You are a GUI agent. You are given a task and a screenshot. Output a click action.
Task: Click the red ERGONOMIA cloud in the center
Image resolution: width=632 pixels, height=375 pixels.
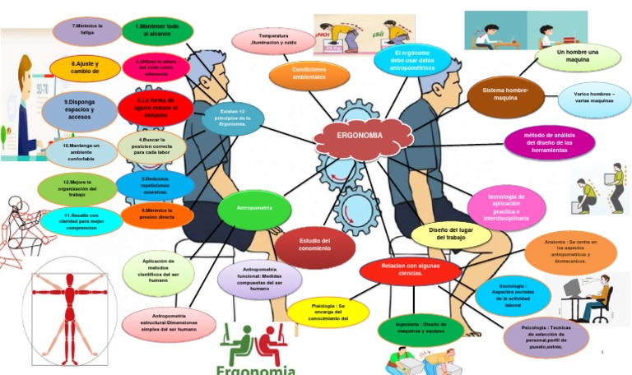pos(360,136)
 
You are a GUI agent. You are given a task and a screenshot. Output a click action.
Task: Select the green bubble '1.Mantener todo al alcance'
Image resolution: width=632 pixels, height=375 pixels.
pos(158,31)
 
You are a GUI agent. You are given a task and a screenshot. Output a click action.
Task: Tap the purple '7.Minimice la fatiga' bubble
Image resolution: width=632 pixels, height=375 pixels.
pos(87,31)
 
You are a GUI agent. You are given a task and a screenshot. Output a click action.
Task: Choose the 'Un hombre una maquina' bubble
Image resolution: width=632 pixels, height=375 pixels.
pos(578,58)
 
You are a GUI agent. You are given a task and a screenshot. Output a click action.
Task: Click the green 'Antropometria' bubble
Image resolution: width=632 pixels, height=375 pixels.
pos(254,208)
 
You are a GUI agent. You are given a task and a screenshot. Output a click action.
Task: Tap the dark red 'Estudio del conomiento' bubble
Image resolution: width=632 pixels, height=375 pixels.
pos(314,243)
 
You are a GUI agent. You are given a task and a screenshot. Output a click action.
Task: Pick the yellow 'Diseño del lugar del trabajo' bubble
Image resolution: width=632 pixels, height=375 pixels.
pos(451,234)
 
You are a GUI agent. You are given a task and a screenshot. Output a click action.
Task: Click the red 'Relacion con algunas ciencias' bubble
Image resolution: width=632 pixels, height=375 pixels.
pos(410,269)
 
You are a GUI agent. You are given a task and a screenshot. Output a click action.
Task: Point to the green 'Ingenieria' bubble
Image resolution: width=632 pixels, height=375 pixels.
pos(421,329)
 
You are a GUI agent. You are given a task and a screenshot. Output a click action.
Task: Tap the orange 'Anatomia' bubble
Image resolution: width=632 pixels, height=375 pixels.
pos(570,252)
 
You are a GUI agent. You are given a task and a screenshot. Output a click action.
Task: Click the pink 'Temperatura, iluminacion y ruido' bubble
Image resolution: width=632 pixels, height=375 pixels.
pos(273,39)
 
